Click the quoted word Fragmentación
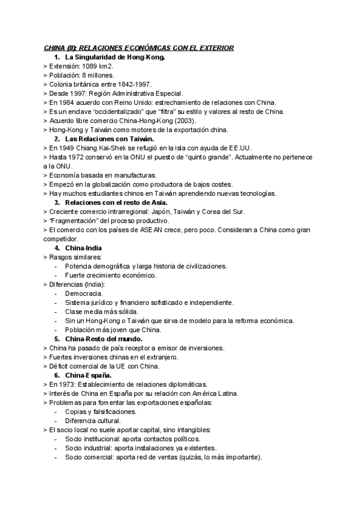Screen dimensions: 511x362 click(x=74, y=221)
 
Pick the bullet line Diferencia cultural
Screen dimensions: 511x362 click(x=93, y=421)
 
